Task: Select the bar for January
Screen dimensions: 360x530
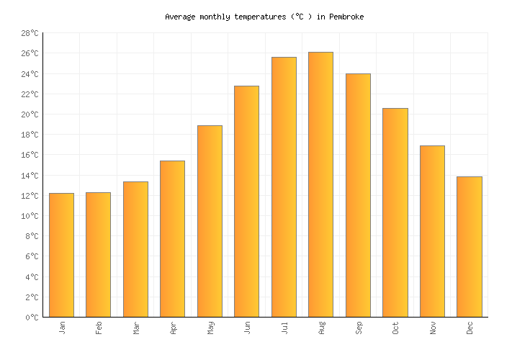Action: (61, 255)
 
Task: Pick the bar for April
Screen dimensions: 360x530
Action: (172, 238)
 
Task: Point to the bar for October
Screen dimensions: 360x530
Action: (395, 212)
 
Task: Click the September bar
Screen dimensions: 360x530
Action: (358, 195)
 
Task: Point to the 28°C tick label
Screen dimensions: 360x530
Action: (30, 34)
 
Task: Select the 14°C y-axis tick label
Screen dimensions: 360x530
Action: (30, 176)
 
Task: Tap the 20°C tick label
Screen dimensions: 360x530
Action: (30, 115)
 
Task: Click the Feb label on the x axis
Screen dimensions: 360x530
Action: (99, 328)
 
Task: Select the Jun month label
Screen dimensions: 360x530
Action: (247, 328)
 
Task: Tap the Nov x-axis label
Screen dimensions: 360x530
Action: (432, 328)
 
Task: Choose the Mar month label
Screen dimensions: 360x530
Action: (135, 328)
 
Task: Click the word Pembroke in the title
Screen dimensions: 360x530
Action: (346, 17)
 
